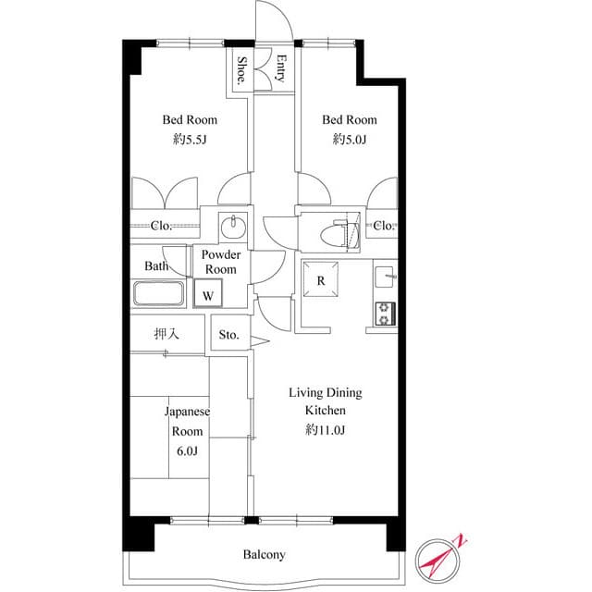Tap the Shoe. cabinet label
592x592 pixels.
(241, 70)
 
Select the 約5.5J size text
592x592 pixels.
(191, 140)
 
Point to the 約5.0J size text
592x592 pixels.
(350, 140)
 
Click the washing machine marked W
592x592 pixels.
(209, 295)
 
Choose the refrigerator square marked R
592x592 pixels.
(320, 281)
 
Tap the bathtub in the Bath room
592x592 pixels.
(161, 294)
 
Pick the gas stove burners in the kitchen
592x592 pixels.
(385, 314)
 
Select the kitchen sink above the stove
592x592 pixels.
(385, 276)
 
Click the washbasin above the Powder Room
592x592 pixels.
(233, 227)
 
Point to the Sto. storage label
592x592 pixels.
(228, 335)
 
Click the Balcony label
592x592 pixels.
(265, 555)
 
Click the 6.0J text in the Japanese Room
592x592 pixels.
(188, 450)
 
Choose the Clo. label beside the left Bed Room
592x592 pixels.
(162, 226)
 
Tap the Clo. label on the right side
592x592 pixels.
(385, 226)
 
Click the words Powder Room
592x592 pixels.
(221, 262)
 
